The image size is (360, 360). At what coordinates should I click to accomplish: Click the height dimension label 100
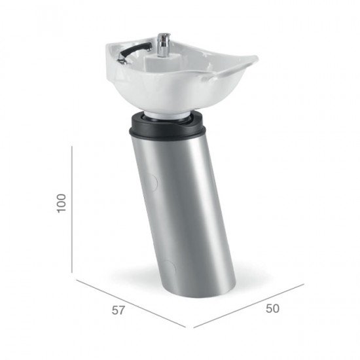[x=62, y=204]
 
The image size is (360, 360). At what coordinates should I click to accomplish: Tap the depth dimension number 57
[x=118, y=310]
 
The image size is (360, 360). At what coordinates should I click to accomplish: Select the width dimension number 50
[x=273, y=308]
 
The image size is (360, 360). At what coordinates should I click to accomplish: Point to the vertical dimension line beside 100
[x=72, y=209]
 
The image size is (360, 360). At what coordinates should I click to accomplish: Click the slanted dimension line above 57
[x=131, y=303]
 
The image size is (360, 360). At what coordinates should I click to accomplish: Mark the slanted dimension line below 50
[x=249, y=306]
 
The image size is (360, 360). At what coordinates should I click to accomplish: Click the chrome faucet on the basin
[x=164, y=45]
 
